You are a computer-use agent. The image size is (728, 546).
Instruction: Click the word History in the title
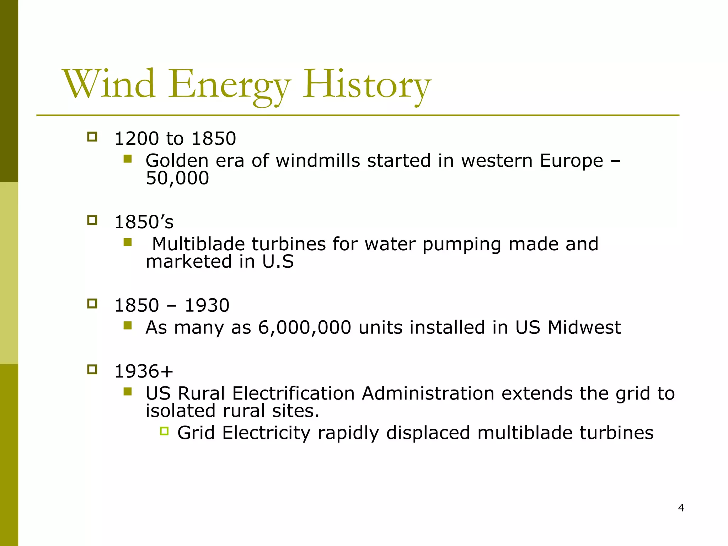pyautogui.click(x=367, y=85)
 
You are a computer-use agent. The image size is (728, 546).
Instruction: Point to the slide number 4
pyautogui.click(x=681, y=508)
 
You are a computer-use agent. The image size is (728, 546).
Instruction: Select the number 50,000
pyautogui.click(x=177, y=178)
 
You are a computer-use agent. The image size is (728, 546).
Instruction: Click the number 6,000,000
pyautogui.click(x=305, y=327)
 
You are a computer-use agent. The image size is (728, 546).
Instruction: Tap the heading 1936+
pyautogui.click(x=144, y=371)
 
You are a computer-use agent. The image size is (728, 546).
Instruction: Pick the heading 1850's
pyautogui.click(x=144, y=222)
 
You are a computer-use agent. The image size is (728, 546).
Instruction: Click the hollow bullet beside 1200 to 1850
pyautogui.click(x=92, y=137)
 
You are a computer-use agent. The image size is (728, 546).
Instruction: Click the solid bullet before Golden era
pyautogui.click(x=128, y=159)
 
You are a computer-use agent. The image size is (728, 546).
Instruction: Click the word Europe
pyautogui.click(x=571, y=161)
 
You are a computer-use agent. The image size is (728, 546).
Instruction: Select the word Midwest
pyautogui.click(x=584, y=327)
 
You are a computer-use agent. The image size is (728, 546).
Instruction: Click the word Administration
pyautogui.click(x=428, y=394)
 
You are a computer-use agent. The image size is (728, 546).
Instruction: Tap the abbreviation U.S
pyautogui.click(x=278, y=262)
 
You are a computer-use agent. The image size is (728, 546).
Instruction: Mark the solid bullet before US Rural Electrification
pyautogui.click(x=128, y=392)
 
